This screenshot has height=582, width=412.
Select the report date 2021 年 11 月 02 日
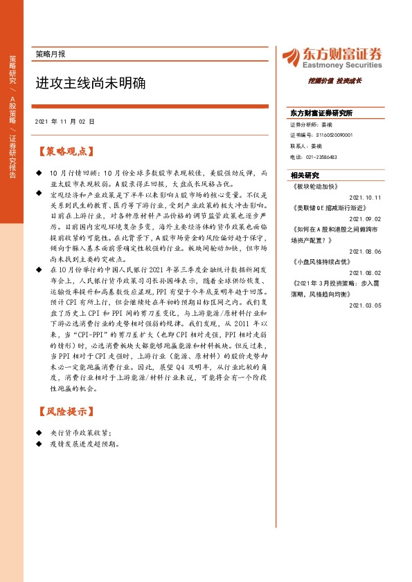[x=64, y=121]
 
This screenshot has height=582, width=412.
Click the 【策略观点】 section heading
[x=64, y=150]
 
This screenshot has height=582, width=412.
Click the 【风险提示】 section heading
[x=64, y=411]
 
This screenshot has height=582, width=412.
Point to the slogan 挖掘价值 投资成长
[x=335, y=81]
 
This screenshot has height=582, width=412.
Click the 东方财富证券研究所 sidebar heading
[x=321, y=113]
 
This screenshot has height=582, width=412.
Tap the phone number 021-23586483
[x=323, y=157]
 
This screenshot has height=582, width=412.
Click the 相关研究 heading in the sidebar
[x=305, y=176]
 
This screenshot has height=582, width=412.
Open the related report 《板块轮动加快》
[x=316, y=186]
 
